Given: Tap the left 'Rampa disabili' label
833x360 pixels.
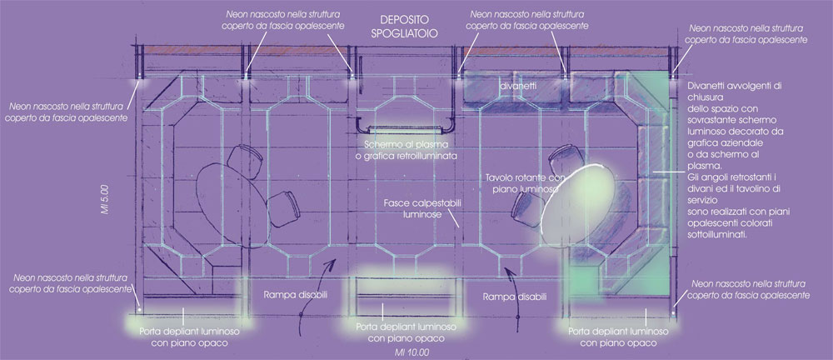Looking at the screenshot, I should (295, 295).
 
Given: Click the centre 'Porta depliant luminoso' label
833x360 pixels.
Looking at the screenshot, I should (406, 333).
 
